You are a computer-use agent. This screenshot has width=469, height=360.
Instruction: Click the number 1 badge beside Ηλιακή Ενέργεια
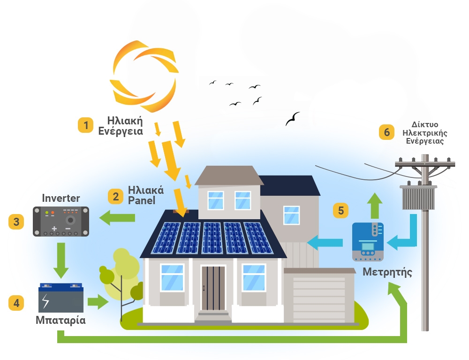pos(85,125)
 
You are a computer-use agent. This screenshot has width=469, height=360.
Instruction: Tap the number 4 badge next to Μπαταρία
pos(16,303)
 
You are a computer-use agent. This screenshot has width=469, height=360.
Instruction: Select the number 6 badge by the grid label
pos(387,132)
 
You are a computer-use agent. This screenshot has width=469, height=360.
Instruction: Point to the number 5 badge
pos(341,210)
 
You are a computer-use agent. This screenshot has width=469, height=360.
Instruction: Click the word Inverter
pos(61,198)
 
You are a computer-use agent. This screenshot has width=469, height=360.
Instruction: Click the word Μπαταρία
pos(61,321)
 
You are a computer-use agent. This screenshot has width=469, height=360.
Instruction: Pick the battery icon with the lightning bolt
pos(61,299)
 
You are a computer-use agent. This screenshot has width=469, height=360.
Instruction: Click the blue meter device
pos(368,242)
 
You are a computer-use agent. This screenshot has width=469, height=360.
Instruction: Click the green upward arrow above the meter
pos(374,205)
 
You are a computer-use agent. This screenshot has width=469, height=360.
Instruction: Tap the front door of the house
pos(213,288)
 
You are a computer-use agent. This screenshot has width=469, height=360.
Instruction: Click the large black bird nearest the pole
pos(293,119)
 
